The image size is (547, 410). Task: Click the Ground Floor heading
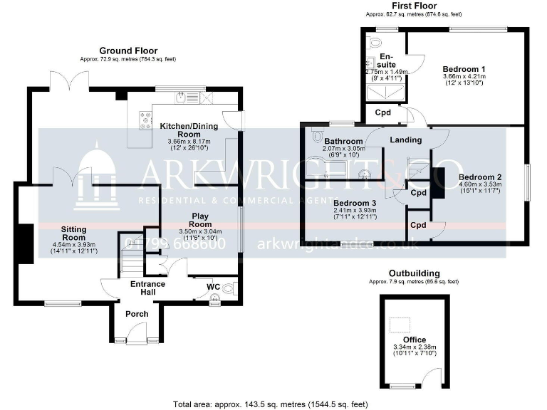(x=128, y=51)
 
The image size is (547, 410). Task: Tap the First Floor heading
(x=414, y=6)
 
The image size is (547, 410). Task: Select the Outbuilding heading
(x=414, y=273)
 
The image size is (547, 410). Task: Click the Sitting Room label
(x=73, y=233)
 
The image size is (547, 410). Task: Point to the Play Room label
(x=202, y=220)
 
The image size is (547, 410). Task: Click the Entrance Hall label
(x=147, y=288)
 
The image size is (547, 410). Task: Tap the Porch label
(x=137, y=314)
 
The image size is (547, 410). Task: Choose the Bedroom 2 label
(x=480, y=177)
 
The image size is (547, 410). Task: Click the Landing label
(x=407, y=140)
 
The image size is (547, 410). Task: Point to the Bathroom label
(x=343, y=140)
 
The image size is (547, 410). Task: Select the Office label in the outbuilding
(x=413, y=340)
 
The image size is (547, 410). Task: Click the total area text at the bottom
(x=271, y=404)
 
